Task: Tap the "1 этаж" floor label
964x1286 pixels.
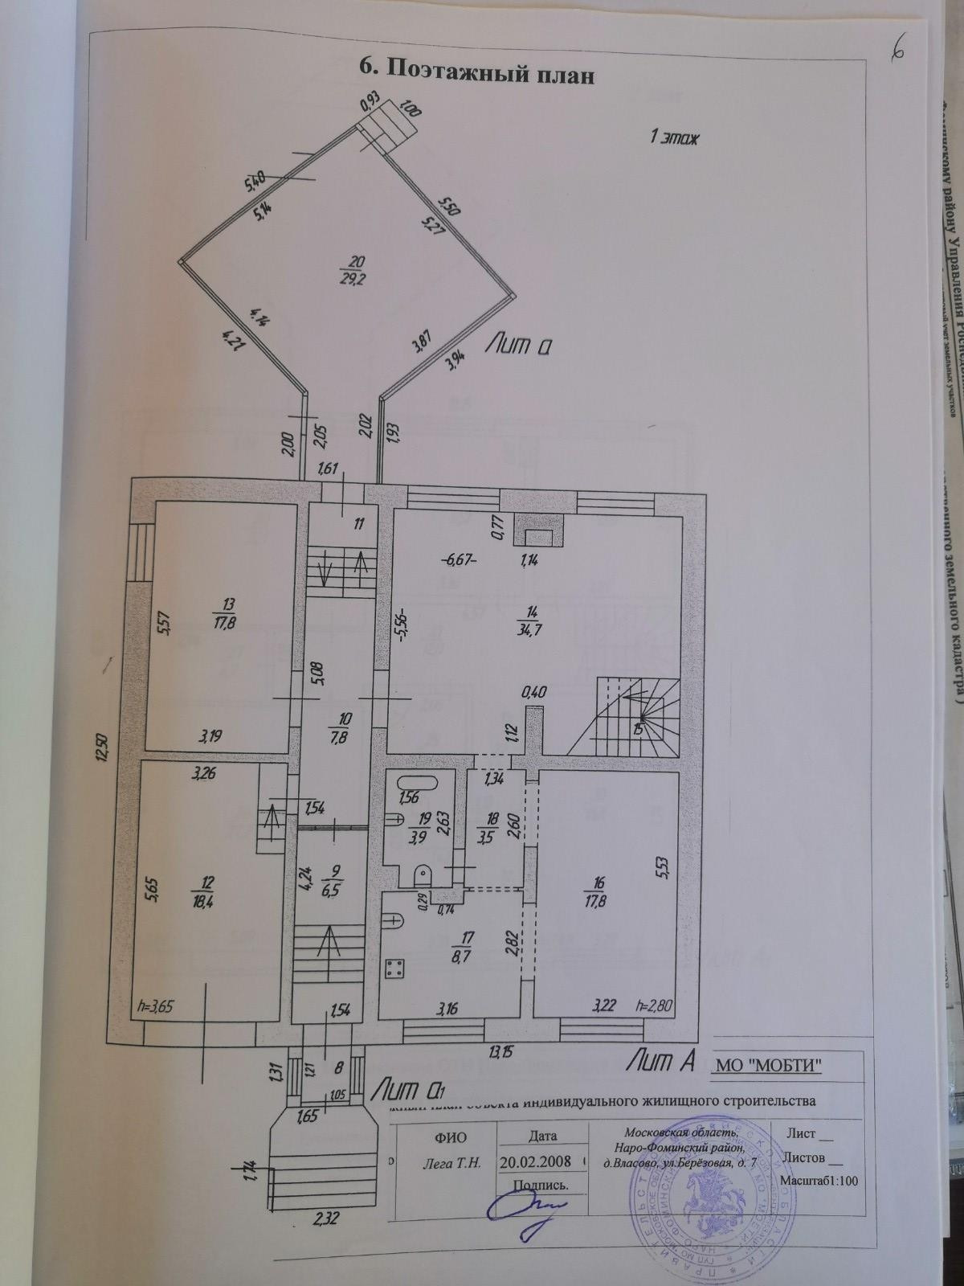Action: pyautogui.click(x=675, y=137)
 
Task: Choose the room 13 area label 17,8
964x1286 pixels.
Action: pyautogui.click(x=207, y=615)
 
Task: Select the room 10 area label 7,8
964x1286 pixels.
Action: pyautogui.click(x=345, y=738)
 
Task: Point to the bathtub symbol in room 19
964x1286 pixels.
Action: pyautogui.click(x=416, y=784)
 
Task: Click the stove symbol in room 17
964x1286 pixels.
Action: pyautogui.click(x=394, y=969)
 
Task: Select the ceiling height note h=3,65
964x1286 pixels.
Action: pyautogui.click(x=156, y=1006)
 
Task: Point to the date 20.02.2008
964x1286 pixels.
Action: pyautogui.click(x=535, y=1161)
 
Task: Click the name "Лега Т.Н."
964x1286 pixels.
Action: pyautogui.click(x=451, y=1162)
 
